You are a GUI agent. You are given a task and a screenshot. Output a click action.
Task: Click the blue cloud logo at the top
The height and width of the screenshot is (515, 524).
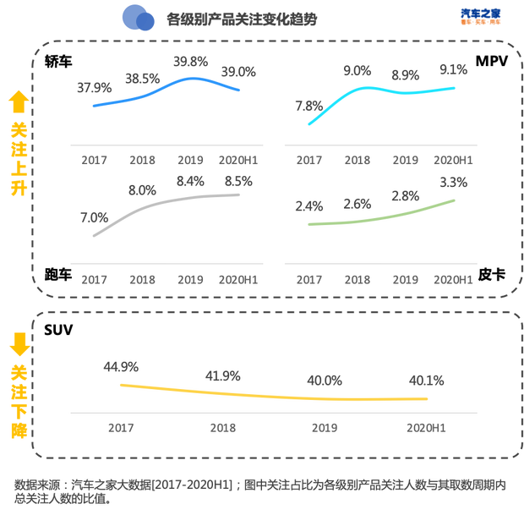click(138, 17)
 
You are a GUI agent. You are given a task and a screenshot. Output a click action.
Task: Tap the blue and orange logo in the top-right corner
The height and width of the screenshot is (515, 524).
click(481, 16)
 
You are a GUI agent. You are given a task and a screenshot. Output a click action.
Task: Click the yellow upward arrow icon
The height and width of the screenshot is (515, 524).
click(18, 102)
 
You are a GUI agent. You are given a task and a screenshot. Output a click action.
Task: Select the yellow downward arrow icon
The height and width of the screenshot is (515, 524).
click(18, 342)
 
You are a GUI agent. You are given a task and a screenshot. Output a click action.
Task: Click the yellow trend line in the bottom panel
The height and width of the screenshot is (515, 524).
click(270, 394)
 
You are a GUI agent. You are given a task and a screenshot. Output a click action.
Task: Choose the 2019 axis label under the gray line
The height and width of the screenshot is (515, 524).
click(190, 278)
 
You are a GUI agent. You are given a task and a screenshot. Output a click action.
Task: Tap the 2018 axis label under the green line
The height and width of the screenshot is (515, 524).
click(358, 278)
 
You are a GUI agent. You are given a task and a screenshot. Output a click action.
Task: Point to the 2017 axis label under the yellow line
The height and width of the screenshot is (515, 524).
click(121, 427)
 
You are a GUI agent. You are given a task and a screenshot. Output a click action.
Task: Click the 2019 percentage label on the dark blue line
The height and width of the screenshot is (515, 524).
click(190, 61)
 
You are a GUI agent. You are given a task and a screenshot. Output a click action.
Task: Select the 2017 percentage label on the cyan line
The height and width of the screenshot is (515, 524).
click(309, 105)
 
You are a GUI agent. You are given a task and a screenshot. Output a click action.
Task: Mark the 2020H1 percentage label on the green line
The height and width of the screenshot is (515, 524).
click(454, 181)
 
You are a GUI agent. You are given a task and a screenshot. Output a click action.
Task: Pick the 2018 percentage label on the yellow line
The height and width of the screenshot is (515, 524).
click(223, 375)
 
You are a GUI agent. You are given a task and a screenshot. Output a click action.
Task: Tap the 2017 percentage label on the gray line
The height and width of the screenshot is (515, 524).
click(95, 216)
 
